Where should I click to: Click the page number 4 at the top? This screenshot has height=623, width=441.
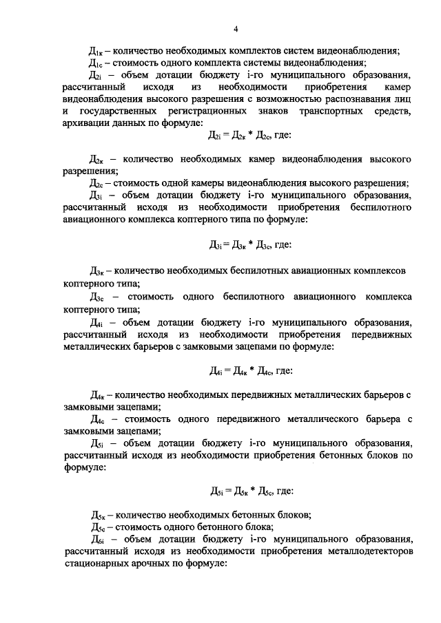(236, 28)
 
